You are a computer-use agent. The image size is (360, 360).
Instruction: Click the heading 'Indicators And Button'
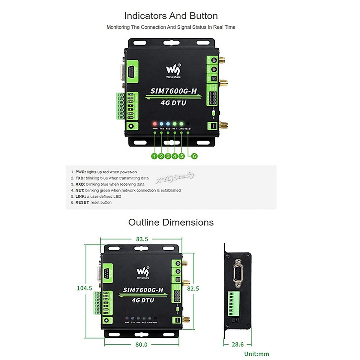coord(171,16)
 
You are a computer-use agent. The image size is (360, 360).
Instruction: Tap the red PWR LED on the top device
coord(155,124)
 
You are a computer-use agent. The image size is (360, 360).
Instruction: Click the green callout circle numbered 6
coord(194,156)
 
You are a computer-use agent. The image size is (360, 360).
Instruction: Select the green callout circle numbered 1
coord(154,156)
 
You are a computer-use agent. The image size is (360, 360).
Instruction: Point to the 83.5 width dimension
coord(142,239)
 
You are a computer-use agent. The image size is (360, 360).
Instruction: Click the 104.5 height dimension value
coord(84,288)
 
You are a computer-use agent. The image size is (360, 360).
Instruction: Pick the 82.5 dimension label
coord(193,288)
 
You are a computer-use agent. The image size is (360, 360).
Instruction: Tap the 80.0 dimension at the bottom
coord(141,344)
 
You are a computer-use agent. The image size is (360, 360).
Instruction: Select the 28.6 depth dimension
coord(238,344)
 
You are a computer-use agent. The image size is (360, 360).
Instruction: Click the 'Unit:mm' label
coord(256,354)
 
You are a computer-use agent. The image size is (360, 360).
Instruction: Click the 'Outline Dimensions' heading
coord(171,222)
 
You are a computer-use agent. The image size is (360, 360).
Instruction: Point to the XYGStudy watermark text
coord(175,177)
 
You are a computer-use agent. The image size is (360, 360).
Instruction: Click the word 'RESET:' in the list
coord(82,202)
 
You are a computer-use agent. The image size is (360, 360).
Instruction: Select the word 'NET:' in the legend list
coord(79,190)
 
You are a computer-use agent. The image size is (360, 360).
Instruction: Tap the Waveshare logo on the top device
coord(173,71)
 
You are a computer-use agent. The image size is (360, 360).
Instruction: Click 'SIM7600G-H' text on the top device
coord(173,91)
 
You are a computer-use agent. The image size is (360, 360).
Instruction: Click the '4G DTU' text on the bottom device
coord(143,300)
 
